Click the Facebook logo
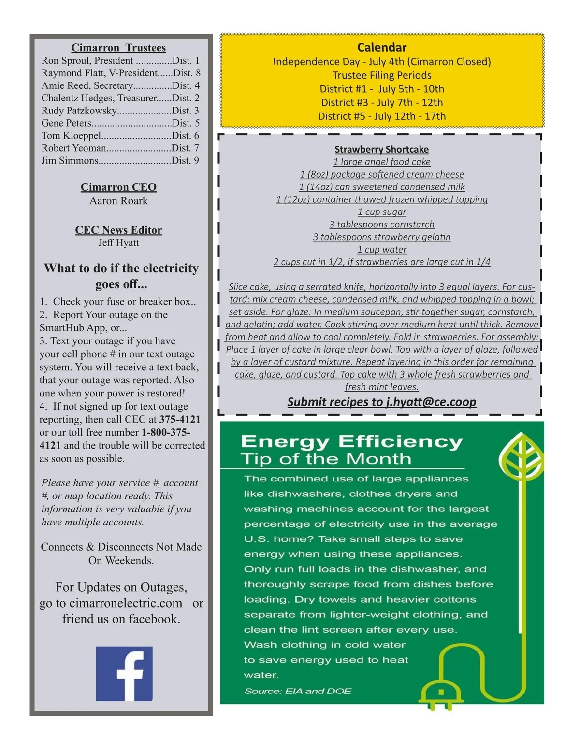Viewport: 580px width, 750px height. (x=124, y=673)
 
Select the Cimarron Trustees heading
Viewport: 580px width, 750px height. (x=118, y=48)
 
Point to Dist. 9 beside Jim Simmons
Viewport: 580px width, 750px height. (x=185, y=161)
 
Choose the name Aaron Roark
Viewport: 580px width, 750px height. (x=118, y=201)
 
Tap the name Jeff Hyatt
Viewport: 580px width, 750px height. (x=118, y=243)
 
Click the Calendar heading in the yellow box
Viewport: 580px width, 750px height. (x=381, y=47)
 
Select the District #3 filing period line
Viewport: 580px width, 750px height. (x=381, y=102)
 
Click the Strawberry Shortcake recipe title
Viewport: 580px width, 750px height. (x=381, y=150)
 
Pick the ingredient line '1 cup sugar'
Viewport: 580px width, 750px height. (x=381, y=212)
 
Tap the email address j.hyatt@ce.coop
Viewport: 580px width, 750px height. (x=431, y=402)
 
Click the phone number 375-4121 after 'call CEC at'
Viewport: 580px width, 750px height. (x=180, y=419)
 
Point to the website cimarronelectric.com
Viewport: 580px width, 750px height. (x=126, y=603)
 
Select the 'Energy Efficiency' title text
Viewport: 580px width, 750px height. (x=351, y=441)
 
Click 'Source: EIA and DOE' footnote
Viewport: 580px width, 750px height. (x=298, y=691)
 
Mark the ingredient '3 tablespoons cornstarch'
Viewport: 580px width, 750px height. (x=381, y=225)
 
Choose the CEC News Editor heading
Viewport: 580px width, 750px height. (x=118, y=230)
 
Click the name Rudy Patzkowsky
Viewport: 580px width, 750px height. (x=79, y=111)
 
